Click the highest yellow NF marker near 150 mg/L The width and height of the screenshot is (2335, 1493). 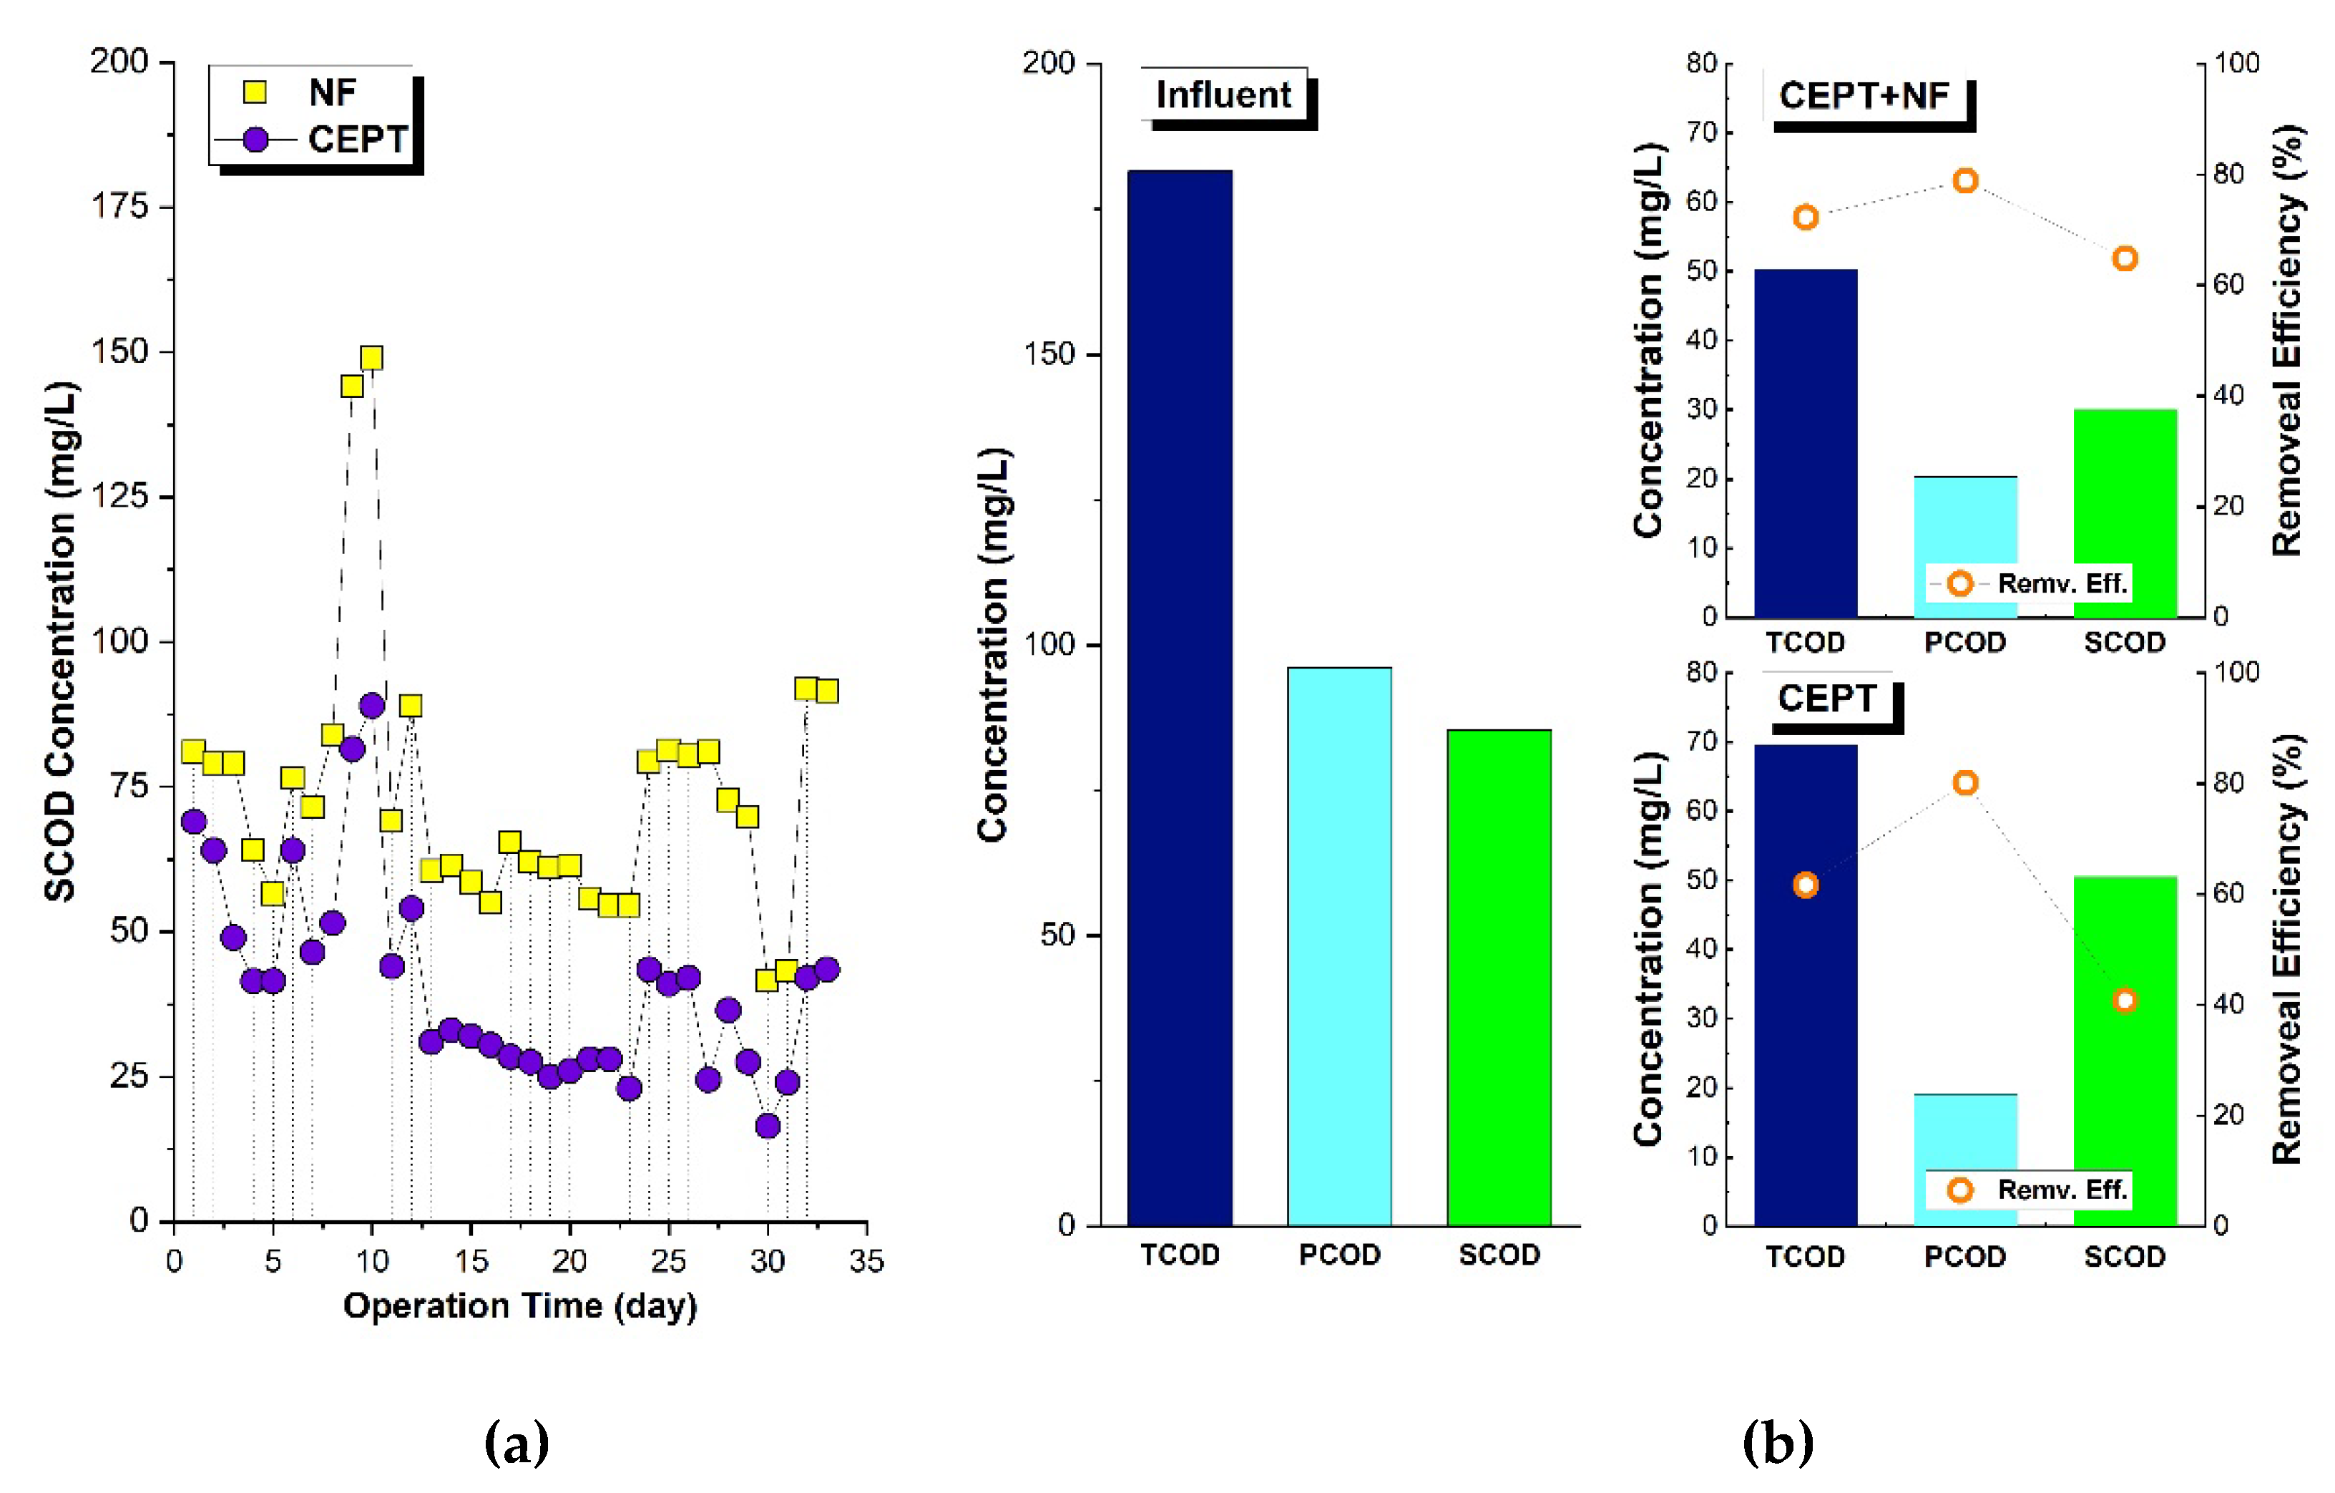[x=371, y=358]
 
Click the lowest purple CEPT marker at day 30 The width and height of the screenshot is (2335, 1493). [x=768, y=1125]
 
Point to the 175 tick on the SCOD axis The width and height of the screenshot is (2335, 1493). [x=119, y=205]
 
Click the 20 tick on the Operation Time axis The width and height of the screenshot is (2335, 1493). [x=569, y=1261]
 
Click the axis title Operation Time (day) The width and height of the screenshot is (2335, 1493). [x=520, y=1305]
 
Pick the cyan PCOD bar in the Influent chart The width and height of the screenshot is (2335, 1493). [x=1339, y=946]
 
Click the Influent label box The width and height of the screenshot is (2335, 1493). [x=1224, y=95]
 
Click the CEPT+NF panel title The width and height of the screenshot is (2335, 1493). [x=1864, y=96]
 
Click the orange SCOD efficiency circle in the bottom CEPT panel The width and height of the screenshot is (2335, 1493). [x=2125, y=1000]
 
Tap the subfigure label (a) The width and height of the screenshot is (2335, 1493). [x=517, y=1443]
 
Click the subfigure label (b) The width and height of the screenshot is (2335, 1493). [x=1778, y=1443]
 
